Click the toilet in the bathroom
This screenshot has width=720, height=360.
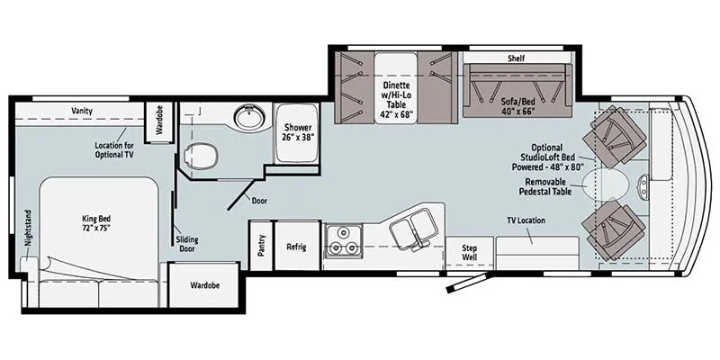[x=200, y=155]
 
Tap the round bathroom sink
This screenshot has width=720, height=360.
[x=249, y=117]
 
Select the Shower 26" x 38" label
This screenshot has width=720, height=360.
[x=298, y=132]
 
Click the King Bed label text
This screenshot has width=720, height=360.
[x=97, y=223]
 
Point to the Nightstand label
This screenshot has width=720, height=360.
[x=29, y=235]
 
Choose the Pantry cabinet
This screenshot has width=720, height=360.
[x=261, y=246]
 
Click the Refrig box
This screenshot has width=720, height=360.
[x=297, y=246]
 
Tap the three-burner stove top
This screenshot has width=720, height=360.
[x=343, y=241]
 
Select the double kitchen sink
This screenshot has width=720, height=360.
[x=413, y=227]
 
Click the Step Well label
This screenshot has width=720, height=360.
[x=469, y=253]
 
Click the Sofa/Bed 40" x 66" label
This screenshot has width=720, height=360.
[x=517, y=106]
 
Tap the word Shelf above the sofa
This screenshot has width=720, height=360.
[x=516, y=58]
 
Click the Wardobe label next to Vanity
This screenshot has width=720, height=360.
[x=159, y=123]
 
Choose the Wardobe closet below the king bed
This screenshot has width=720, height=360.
[x=204, y=285]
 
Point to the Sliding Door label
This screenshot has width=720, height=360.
[x=186, y=244]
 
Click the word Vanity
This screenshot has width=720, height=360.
[x=82, y=111]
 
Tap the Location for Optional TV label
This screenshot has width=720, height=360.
[x=114, y=150]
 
